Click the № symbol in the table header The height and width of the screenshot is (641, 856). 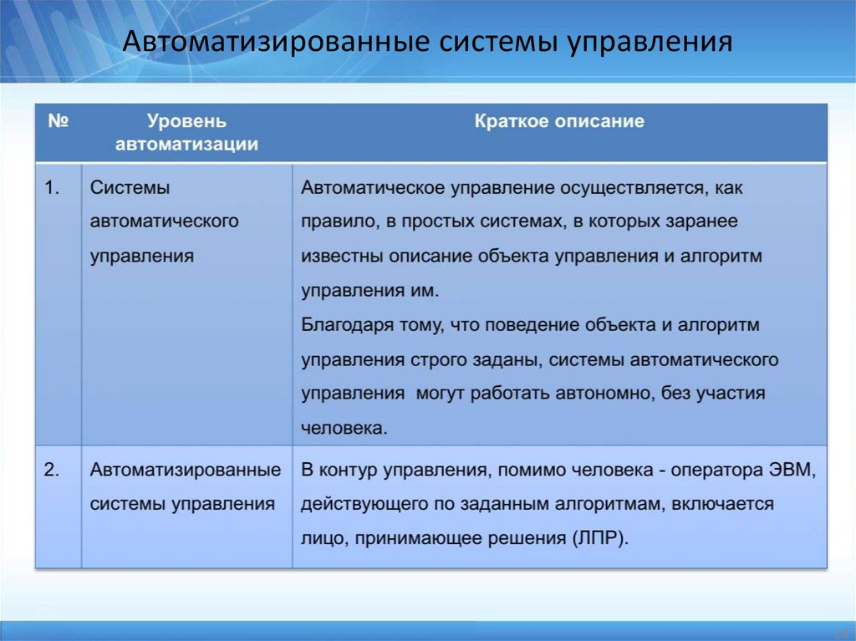(58, 122)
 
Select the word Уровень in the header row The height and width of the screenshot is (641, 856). (186, 122)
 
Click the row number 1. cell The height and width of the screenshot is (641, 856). (53, 189)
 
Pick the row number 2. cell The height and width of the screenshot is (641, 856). (53, 471)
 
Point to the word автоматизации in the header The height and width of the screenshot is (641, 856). (186, 145)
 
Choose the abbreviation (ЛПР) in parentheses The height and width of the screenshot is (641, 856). (600, 539)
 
